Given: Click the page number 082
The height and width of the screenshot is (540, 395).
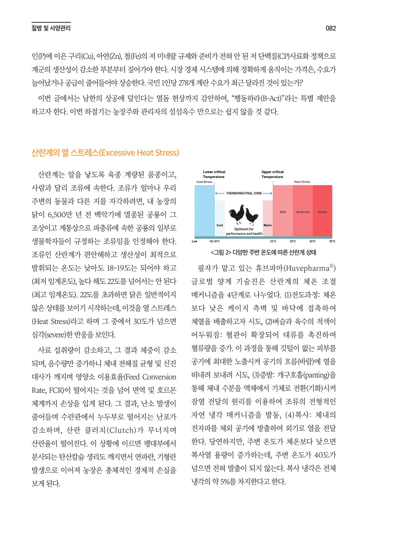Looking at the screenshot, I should pyautogui.click(x=331, y=28).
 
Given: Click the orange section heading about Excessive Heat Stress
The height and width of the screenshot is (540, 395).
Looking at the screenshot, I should pyautogui.click(x=105, y=153).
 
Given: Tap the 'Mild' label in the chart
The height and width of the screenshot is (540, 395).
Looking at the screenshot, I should pyautogui.click(x=283, y=212).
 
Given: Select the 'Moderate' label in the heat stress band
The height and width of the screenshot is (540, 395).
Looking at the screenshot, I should pyautogui.click(x=303, y=212).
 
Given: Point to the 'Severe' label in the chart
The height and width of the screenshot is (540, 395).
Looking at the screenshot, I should pyautogui.click(x=322, y=212).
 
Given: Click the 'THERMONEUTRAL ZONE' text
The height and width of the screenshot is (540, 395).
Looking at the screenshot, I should pyautogui.click(x=244, y=193).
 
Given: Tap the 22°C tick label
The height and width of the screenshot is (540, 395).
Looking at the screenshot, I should pyautogui.click(x=273, y=241).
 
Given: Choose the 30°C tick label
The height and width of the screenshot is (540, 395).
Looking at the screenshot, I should pyautogui.click(x=312, y=241).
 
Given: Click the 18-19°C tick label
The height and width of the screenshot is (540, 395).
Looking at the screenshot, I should pyautogui.click(x=215, y=241).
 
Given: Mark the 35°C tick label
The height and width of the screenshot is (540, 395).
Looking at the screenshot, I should pyautogui.click(x=332, y=241).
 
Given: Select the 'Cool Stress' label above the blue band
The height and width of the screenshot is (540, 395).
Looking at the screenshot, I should pyautogui.click(x=204, y=182).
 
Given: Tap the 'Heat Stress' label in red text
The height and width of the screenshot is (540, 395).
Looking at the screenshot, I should pyautogui.click(x=302, y=182).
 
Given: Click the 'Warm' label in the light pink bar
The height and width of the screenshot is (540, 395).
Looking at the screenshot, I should pyautogui.click(x=267, y=225).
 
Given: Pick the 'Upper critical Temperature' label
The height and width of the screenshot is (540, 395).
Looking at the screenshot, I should pyautogui.click(x=272, y=174).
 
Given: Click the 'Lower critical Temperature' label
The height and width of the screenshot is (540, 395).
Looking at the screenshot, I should pyautogui.click(x=214, y=174).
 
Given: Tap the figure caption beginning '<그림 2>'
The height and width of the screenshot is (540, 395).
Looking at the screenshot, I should pyautogui.click(x=264, y=252).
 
